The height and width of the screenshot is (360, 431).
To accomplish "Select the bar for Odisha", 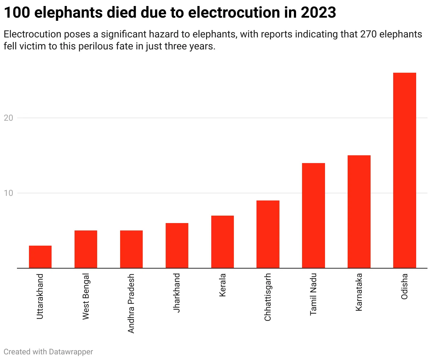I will pos(405,170).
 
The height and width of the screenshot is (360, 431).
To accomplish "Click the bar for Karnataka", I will pos(359,212).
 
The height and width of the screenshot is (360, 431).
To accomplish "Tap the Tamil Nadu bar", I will pos(313,216).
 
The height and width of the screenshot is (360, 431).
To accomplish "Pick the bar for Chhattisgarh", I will pos(268,234).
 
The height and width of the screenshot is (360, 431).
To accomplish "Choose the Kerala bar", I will pos(222,242).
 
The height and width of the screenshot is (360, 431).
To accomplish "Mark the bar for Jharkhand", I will pos(177,246).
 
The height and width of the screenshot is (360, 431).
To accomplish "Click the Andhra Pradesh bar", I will pos(131,249).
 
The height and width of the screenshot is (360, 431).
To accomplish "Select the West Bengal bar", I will pos(85,249).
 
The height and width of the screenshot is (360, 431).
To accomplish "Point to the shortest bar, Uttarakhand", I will pos(40,257).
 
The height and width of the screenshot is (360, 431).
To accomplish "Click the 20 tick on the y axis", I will pos(8,118).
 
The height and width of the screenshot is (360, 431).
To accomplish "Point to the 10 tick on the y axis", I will pos(8,193).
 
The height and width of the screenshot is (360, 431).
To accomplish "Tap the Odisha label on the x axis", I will pos(405,286).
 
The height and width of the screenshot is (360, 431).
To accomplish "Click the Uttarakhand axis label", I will pos(40,296).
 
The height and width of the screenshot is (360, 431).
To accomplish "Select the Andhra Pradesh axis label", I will pos(131,303).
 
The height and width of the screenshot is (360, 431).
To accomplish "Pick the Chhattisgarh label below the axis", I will pos(268,297).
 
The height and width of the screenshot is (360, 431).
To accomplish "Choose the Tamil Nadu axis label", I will pos(313,294).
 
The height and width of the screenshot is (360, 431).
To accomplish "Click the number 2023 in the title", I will pos(318,13).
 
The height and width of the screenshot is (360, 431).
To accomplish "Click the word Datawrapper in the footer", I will pos(71,352).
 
